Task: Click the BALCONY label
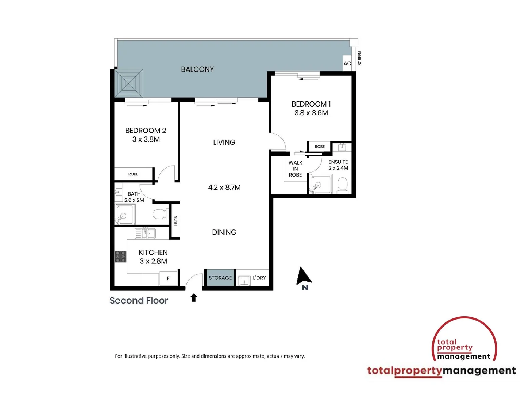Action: pyautogui.click(x=197, y=69)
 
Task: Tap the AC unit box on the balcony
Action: pyautogui.click(x=347, y=63)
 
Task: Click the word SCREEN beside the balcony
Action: pyautogui.click(x=359, y=58)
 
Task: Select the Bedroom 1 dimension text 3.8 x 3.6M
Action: pyautogui.click(x=311, y=113)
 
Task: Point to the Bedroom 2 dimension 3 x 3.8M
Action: pyautogui.click(x=146, y=139)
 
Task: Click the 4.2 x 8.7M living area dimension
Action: pyautogui.click(x=224, y=188)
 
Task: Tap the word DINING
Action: pyautogui.click(x=224, y=232)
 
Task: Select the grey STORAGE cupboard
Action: pyautogui.click(x=220, y=278)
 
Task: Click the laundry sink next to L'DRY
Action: pyautogui.click(x=244, y=281)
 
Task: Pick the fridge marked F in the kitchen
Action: pyautogui.click(x=168, y=278)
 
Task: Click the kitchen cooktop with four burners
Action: pyautogui.click(x=121, y=256)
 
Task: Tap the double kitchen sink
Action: pyautogui.click(x=145, y=233)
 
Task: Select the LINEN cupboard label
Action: pyautogui.click(x=176, y=221)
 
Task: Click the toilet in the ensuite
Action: pyautogui.click(x=342, y=184)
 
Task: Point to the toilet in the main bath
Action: pyautogui.click(x=160, y=214)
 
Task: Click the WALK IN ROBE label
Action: pyautogui.click(x=295, y=169)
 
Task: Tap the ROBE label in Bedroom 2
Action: pyautogui.click(x=133, y=174)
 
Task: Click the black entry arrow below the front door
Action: pyautogui.click(x=194, y=298)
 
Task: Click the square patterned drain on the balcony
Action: pyautogui.click(x=129, y=84)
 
